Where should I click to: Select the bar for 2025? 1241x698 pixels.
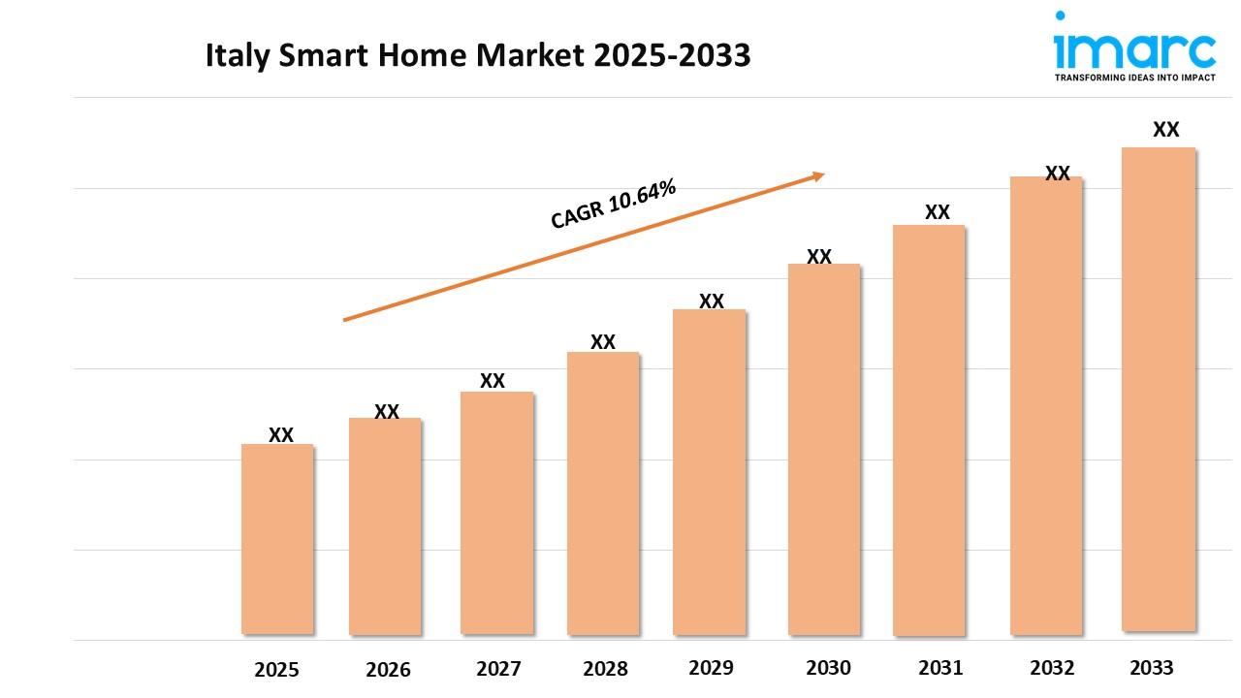point(277,539)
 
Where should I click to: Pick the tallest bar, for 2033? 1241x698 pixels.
point(1159,389)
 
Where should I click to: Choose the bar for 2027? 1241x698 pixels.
point(497,513)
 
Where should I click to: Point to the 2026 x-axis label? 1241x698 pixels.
point(388,669)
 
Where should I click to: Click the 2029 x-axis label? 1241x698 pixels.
point(711,668)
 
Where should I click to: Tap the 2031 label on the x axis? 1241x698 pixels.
point(939,668)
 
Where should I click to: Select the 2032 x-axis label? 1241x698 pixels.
point(1052,668)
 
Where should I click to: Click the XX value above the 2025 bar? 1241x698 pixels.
point(281,435)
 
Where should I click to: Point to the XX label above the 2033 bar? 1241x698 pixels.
point(1165,130)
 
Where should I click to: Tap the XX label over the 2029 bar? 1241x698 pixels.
point(712,301)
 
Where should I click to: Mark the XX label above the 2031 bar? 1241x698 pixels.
point(937,212)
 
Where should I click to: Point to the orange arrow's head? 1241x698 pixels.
point(819,175)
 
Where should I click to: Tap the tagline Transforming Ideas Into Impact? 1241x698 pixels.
point(1134,77)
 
